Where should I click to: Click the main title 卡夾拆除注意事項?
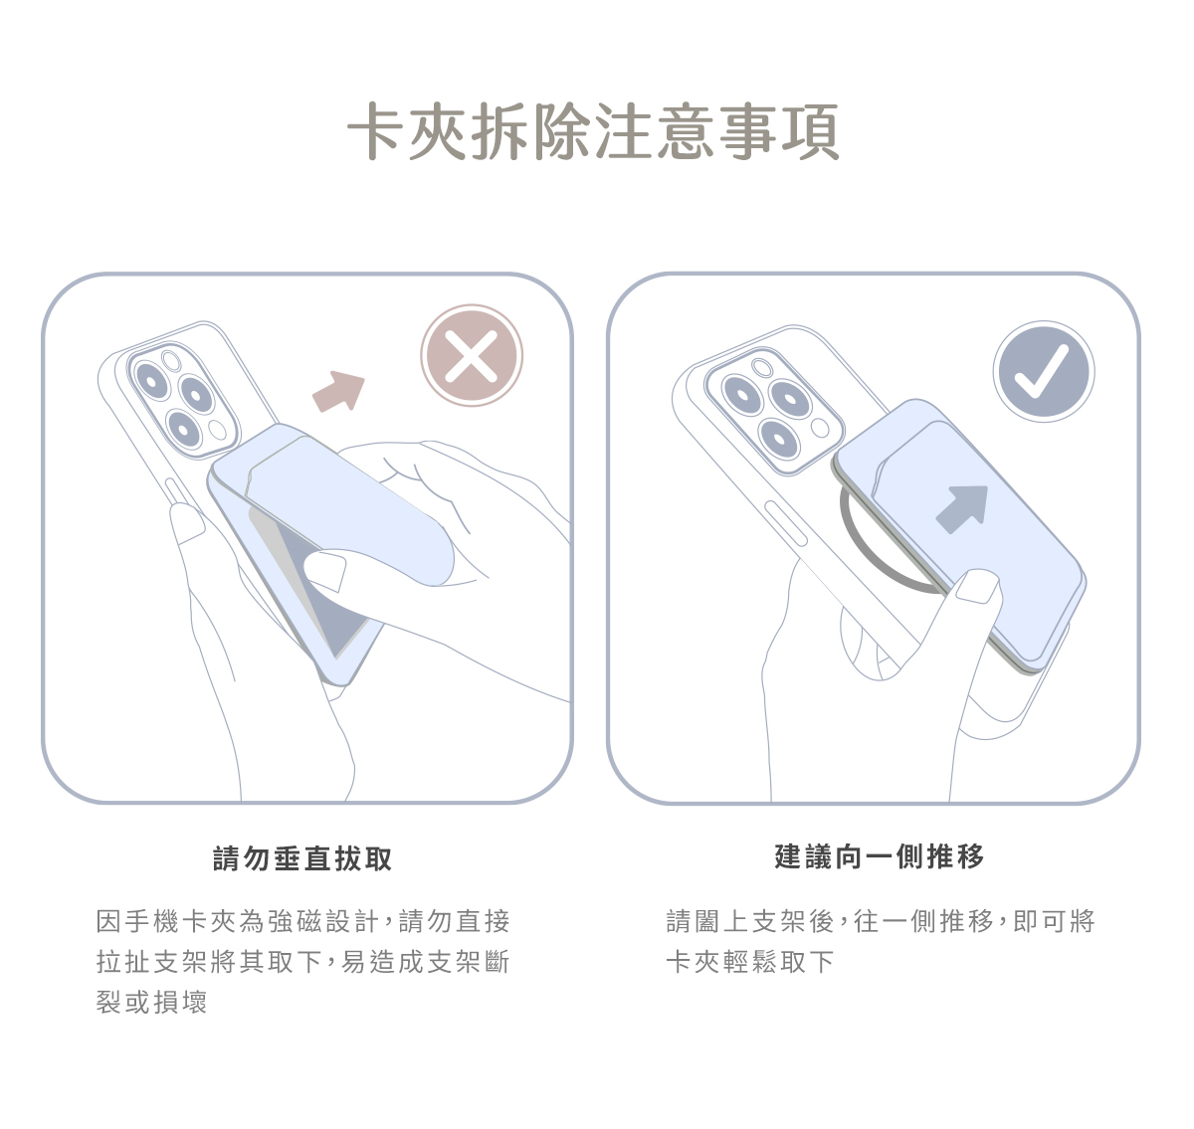coord(593,131)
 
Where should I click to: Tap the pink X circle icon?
coord(472,356)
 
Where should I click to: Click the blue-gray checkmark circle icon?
coord(1044,372)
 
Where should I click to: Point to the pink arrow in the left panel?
coord(339,392)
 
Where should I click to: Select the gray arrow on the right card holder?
coord(963,508)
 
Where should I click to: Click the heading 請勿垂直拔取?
coord(302,858)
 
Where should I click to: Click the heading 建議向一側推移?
coord(880,856)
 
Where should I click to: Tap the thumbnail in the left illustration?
coord(325,570)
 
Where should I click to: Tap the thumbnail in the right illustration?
coord(976,586)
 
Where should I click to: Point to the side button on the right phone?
coord(785,523)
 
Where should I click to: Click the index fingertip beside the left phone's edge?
coord(186,523)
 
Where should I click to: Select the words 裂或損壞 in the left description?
coord(152,1002)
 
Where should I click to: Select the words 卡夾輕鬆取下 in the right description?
coord(750,961)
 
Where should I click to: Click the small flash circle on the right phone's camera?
coord(820,428)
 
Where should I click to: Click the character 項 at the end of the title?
coord(811,131)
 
